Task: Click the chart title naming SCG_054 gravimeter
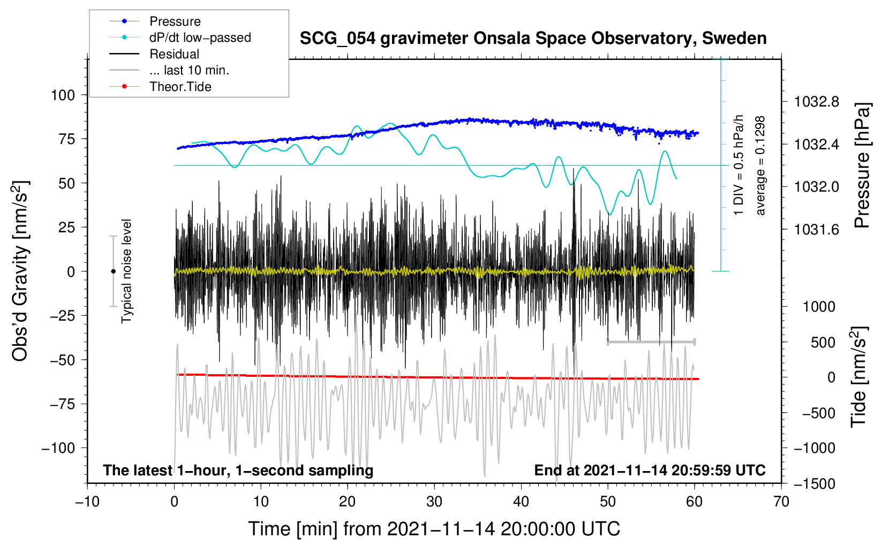(x=533, y=39)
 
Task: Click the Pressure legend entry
(x=175, y=21)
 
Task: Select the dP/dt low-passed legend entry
(x=200, y=37)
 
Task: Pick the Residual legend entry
(x=174, y=54)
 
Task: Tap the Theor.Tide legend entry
(x=180, y=87)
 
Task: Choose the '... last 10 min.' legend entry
(x=189, y=70)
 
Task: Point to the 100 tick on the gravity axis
(x=63, y=95)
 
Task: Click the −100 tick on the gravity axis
(x=58, y=448)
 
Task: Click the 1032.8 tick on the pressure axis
(x=817, y=102)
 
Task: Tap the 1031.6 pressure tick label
(x=817, y=230)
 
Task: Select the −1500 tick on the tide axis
(x=815, y=484)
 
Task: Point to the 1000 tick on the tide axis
(x=819, y=307)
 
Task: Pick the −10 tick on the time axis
(x=87, y=502)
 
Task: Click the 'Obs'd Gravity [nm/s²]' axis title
(x=20, y=271)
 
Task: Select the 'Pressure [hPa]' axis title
(x=862, y=165)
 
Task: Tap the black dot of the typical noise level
(x=113, y=271)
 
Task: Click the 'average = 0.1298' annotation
(x=760, y=165)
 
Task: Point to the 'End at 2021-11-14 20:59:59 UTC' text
(x=650, y=471)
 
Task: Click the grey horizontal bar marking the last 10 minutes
(x=651, y=342)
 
